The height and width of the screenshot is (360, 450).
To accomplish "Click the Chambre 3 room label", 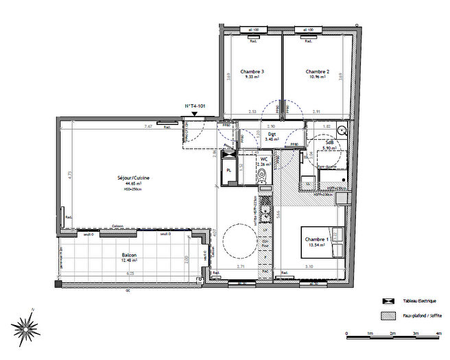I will pyautogui.click(x=252, y=72).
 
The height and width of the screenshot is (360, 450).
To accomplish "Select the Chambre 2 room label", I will pyautogui.click(x=318, y=72).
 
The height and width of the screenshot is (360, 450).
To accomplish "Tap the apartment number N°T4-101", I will pyautogui.click(x=195, y=106).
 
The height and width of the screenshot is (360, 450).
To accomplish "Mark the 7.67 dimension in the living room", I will pyautogui.click(x=147, y=127).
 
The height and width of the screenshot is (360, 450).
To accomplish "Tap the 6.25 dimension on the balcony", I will pyautogui.click(x=130, y=273).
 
